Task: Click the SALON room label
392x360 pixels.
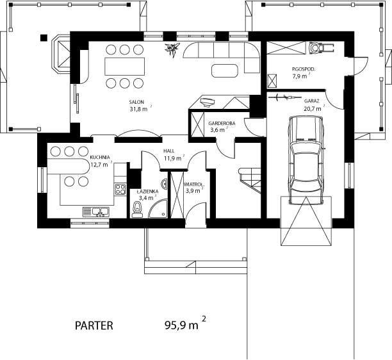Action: [x=136, y=102]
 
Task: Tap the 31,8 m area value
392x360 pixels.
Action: [x=139, y=109]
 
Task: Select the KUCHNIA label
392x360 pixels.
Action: [x=100, y=157]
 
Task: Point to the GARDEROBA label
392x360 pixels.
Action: [x=222, y=123]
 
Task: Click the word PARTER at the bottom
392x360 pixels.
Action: [x=94, y=325]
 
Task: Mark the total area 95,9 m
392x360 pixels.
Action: [x=181, y=325]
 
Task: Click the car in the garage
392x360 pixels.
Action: [x=306, y=160]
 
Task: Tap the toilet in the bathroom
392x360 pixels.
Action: [x=136, y=209]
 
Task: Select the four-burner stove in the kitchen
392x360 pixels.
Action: [x=120, y=189]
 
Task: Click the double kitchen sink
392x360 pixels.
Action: [x=96, y=212]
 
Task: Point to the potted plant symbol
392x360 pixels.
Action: [x=172, y=49]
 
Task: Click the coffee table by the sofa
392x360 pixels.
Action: [x=224, y=70]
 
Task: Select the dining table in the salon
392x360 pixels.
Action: [x=125, y=66]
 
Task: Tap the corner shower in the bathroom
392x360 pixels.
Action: [x=158, y=209]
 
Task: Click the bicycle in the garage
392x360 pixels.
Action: [x=284, y=97]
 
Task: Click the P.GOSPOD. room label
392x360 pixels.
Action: [x=304, y=69]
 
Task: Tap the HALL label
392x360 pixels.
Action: [x=169, y=151]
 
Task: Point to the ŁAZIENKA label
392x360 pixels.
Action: [x=147, y=192]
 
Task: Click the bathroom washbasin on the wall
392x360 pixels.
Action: [x=165, y=184]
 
